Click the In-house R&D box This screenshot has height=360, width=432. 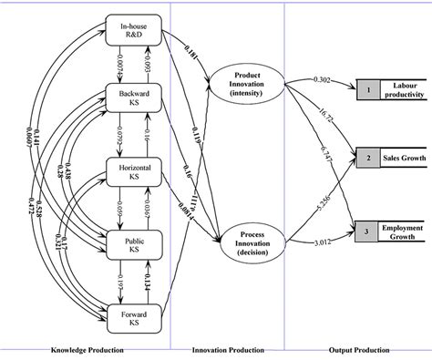(x=134, y=31)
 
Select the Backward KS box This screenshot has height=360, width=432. (x=134, y=99)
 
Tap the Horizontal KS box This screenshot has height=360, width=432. (x=134, y=170)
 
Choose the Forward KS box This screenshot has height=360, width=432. (x=134, y=316)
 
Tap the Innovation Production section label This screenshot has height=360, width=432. (x=227, y=349)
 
